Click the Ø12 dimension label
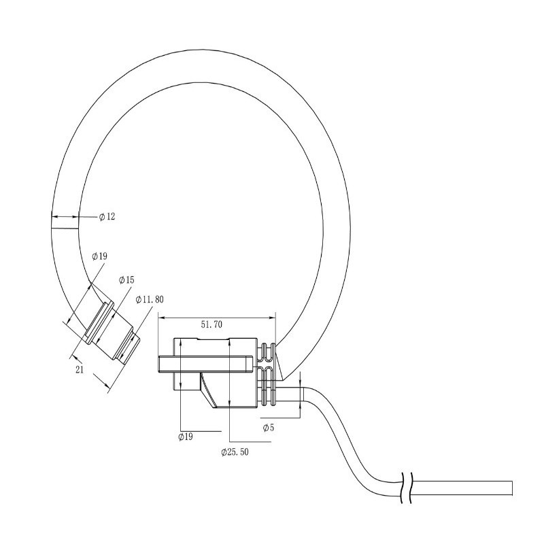coord(107,218)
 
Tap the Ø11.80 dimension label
coord(150,299)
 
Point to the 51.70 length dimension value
coord(211,325)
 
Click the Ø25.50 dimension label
coord(235,452)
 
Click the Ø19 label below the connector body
coord(186,437)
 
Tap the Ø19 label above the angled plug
coord(99,256)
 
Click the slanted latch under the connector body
coord(209,390)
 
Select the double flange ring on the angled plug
coord(95,325)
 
